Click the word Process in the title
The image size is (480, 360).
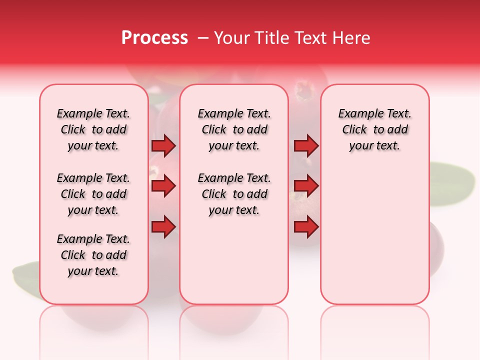pyautogui.click(x=154, y=38)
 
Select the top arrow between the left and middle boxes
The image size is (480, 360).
pyautogui.click(x=163, y=146)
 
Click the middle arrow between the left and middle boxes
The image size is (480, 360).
pyautogui.click(x=163, y=186)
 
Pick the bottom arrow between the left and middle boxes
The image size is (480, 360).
pyautogui.click(x=163, y=227)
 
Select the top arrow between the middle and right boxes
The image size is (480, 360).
pyautogui.click(x=306, y=146)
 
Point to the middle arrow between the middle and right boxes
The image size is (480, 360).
pyautogui.click(x=306, y=186)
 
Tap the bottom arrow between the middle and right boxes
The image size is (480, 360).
pyautogui.click(x=306, y=227)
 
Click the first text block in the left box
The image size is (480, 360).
pyautogui.click(x=93, y=129)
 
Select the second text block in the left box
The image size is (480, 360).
pyautogui.click(x=93, y=194)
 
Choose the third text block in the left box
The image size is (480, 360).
pyautogui.click(x=93, y=255)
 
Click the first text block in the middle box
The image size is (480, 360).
pyautogui.click(x=234, y=129)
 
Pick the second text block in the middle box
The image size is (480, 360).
pyautogui.click(x=234, y=194)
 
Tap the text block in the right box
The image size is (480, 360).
pyautogui.click(x=374, y=129)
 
